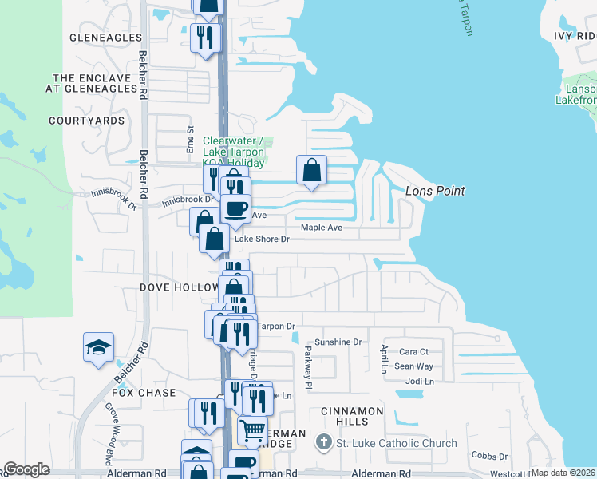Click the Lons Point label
click(434, 191)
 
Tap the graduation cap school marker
click(98, 347)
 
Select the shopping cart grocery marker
click(252, 430)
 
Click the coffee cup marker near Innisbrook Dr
click(235, 209)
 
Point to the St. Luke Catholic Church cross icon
click(322, 443)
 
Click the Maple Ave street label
click(321, 228)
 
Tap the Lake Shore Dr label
click(260, 239)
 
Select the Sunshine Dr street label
click(338, 342)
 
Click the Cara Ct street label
click(413, 351)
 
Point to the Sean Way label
click(413, 366)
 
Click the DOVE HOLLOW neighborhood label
click(180, 287)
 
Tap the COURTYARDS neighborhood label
click(87, 121)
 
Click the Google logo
click(26, 469)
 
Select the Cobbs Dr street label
click(489, 456)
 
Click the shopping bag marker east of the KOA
click(311, 170)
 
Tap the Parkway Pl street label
click(306, 362)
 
